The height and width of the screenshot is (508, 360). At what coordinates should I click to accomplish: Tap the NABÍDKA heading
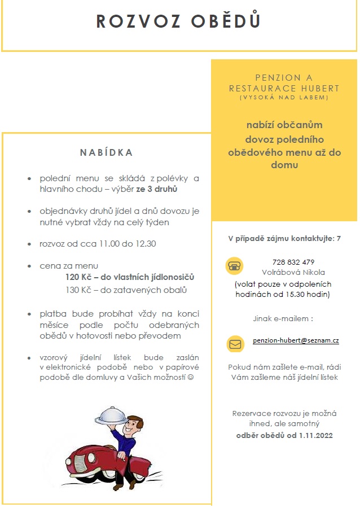(x=106, y=152)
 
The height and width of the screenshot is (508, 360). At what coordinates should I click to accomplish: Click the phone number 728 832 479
(x=293, y=262)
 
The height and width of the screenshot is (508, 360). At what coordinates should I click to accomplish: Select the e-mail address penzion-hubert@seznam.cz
(x=296, y=341)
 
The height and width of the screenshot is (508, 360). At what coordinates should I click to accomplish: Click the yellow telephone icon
(x=234, y=266)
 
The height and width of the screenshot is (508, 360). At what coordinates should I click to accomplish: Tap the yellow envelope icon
(x=235, y=343)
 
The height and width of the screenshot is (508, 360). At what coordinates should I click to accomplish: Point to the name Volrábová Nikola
(x=293, y=272)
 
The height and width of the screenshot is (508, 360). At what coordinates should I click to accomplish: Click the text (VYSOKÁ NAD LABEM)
(x=284, y=98)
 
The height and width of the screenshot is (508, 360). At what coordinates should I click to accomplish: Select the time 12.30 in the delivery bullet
(x=145, y=244)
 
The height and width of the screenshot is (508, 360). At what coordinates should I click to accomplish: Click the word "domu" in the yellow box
(x=284, y=165)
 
